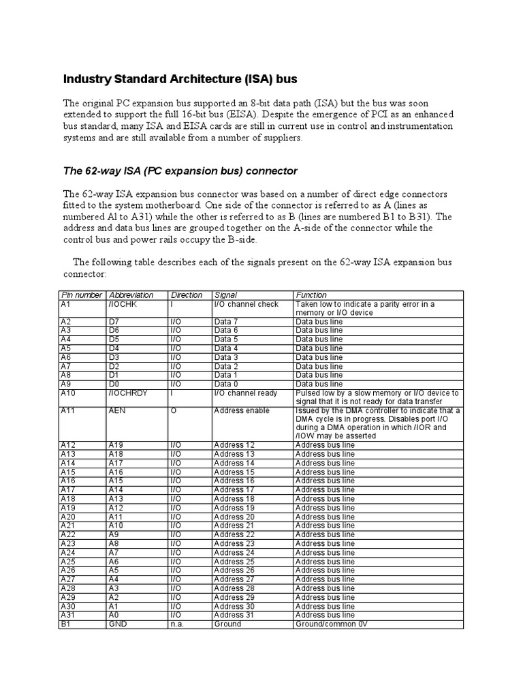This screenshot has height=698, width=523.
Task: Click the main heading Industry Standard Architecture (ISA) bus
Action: pos(180,79)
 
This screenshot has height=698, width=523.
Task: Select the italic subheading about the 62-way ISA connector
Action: pos(180,170)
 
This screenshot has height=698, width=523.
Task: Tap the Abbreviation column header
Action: pos(131,295)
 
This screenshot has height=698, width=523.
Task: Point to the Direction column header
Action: pos(187,295)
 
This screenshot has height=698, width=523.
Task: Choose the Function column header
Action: pos(311,295)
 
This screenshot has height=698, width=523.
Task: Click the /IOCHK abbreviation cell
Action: pos(123,304)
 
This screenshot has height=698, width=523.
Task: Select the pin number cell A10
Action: pos(69,393)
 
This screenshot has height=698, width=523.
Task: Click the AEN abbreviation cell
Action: pos(118,411)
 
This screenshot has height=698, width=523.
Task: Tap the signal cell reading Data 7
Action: pos(226,322)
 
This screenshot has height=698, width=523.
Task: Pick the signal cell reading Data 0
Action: pos(226,384)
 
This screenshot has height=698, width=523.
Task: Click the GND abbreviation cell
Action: pos(118,624)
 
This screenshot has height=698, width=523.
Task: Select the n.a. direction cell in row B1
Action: pos(178,624)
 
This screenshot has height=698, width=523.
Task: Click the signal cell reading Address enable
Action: pos(242,411)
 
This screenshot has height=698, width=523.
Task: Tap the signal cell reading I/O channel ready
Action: pos(246,393)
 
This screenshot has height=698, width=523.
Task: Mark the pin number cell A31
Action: pos(69,615)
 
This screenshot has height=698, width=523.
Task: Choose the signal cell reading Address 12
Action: pos(234,444)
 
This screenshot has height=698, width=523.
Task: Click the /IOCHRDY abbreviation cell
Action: pos(128,393)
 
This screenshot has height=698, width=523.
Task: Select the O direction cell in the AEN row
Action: pos(173,411)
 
